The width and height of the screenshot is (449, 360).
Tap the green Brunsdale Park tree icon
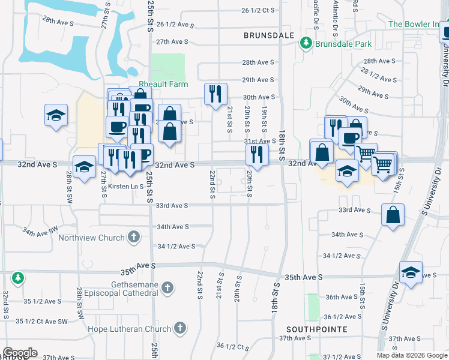coord(306,43)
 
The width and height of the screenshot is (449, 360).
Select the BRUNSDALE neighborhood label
coord(269,35)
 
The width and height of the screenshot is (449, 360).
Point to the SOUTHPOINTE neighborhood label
coord(317,329)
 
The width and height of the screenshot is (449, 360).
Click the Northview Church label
coord(91,238)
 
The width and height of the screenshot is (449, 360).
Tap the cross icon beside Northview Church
coord(134,238)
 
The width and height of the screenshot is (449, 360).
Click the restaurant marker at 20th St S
coord(257,155)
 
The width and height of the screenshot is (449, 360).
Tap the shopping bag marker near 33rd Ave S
coord(392,215)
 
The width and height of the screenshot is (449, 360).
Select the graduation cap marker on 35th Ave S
coord(411,273)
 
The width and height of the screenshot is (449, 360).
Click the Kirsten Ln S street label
coord(125,187)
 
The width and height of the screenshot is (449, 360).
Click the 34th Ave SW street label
coord(41,230)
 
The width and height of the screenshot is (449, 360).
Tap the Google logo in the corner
coord(20,353)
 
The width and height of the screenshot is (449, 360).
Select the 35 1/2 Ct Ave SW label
coord(42,321)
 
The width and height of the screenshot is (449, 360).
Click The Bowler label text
coord(414,25)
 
